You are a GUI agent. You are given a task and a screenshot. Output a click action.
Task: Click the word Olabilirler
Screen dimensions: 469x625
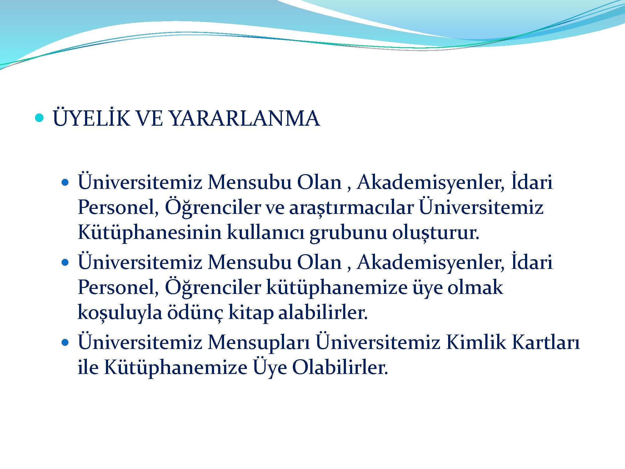click(340, 368)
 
